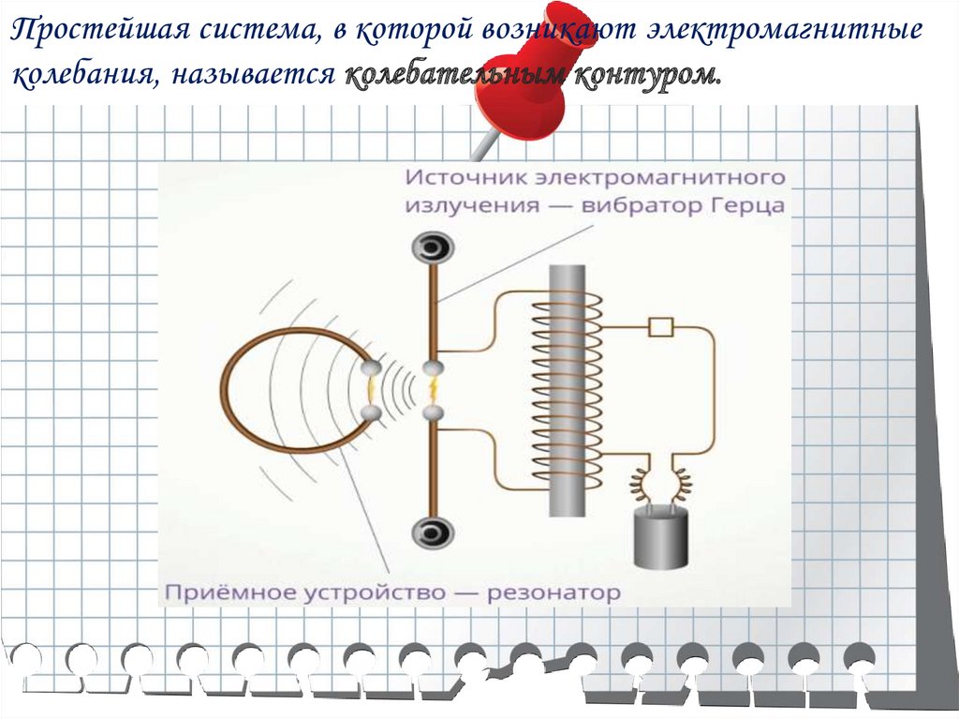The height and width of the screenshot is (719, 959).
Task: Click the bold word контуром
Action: pyautogui.click(x=647, y=76)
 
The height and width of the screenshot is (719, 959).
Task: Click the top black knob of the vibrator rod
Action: pyautogui.click(x=433, y=249)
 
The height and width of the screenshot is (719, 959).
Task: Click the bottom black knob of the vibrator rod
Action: pyautogui.click(x=433, y=532)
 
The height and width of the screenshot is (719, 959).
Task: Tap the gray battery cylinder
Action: pyautogui.click(x=661, y=539)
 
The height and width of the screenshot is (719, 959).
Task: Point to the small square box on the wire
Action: pyautogui.click(x=661, y=327)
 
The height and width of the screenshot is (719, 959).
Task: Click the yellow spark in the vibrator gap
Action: pyautogui.click(x=433, y=390)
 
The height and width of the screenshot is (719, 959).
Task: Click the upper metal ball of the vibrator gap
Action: pyautogui.click(x=433, y=368)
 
